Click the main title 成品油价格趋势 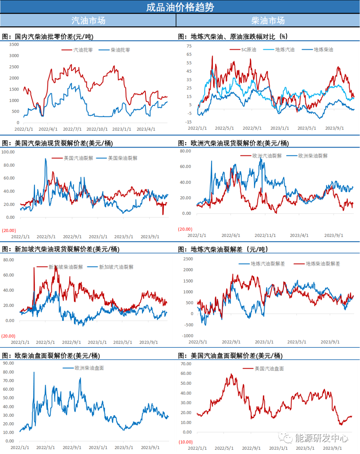coord(180,7)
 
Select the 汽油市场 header coord(88,21)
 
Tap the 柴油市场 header coord(268,21)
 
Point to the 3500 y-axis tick coord(14,45)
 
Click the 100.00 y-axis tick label coord(8,152)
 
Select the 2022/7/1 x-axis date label coord(72,129)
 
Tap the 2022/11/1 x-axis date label coord(265,235)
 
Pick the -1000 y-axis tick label coord(188,336)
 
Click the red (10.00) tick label coord(186,442)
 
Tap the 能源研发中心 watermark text coord(321,438)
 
